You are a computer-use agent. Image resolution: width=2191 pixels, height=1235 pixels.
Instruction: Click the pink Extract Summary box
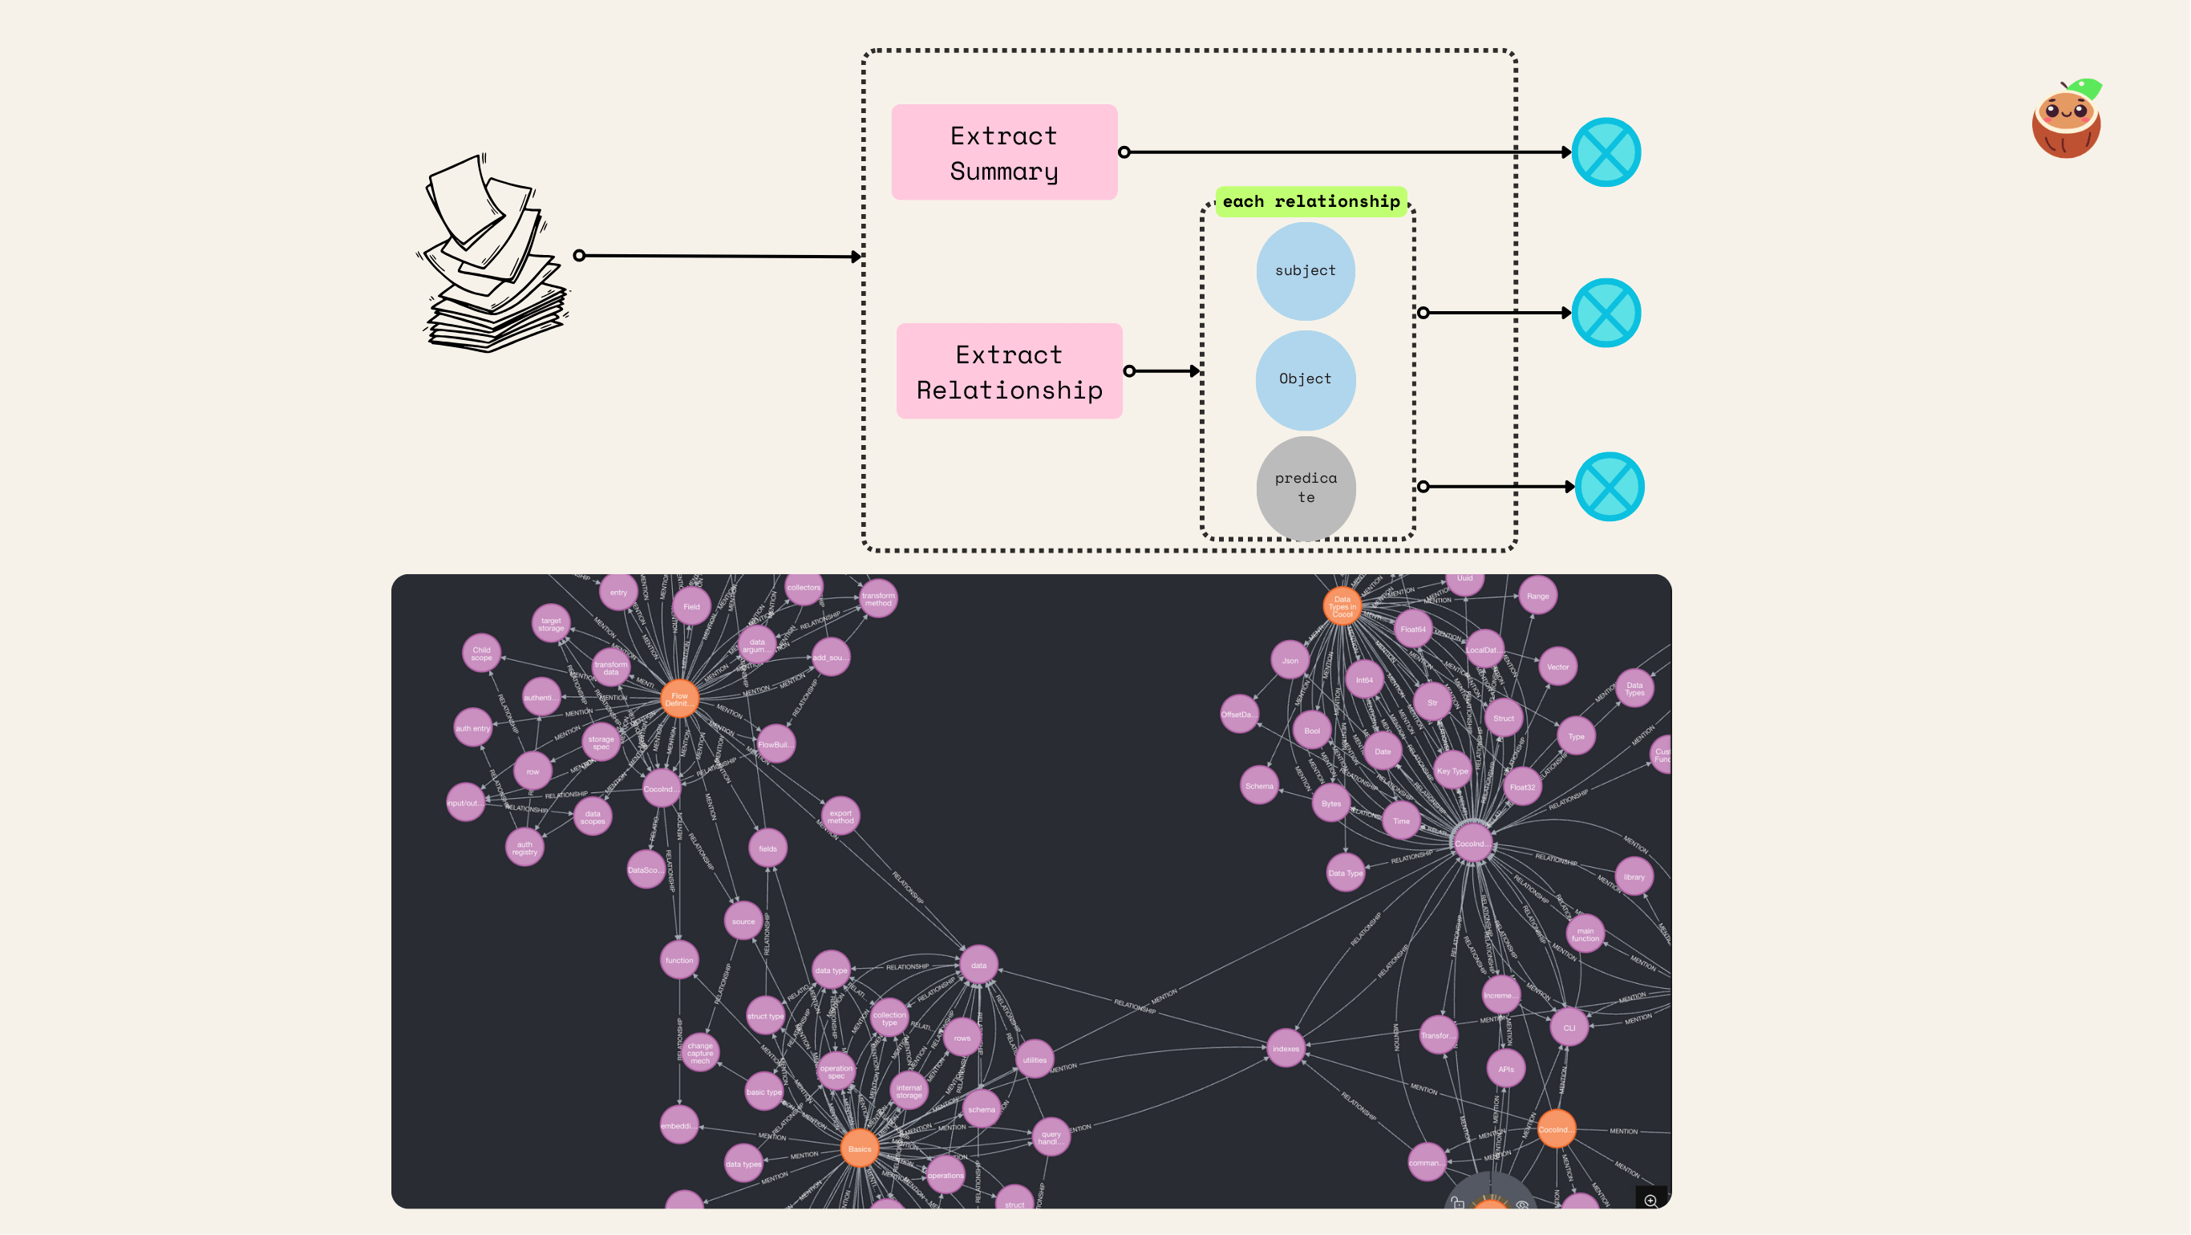coord(1003,152)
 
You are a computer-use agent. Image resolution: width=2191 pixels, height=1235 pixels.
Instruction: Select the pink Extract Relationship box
coord(1009,370)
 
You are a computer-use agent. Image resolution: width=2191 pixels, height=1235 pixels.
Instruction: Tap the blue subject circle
coord(1305,270)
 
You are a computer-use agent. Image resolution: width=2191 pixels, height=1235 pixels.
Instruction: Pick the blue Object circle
coord(1305,379)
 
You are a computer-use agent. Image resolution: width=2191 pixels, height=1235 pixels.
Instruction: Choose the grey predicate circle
coord(1306,488)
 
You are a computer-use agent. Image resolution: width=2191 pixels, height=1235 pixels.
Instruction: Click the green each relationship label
coord(1310,201)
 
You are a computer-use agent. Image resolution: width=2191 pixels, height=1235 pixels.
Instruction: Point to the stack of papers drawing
coord(494,255)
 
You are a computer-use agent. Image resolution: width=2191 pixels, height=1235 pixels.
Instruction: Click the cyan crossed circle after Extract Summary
coord(1606,152)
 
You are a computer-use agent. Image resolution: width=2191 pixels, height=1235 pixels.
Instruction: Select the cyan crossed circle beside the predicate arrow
coord(1610,487)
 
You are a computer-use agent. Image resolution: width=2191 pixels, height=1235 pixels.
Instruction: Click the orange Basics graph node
coord(859,1149)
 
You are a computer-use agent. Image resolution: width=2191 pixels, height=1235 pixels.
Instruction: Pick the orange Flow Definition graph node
coord(678,699)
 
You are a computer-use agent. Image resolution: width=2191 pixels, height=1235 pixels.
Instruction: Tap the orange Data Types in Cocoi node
coord(1343,606)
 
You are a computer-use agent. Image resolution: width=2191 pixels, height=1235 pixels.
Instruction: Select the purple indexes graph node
coord(1286,1049)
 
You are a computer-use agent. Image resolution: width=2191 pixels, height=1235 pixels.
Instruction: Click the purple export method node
coord(840,816)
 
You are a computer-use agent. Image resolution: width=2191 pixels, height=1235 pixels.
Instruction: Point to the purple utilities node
coord(1035,1060)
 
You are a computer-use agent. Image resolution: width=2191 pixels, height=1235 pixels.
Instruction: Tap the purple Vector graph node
coord(1557,667)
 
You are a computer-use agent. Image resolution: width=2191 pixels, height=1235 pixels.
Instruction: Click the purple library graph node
coord(1633,877)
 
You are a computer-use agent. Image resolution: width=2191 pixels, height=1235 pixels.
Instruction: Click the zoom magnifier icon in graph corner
coord(1650,1201)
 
